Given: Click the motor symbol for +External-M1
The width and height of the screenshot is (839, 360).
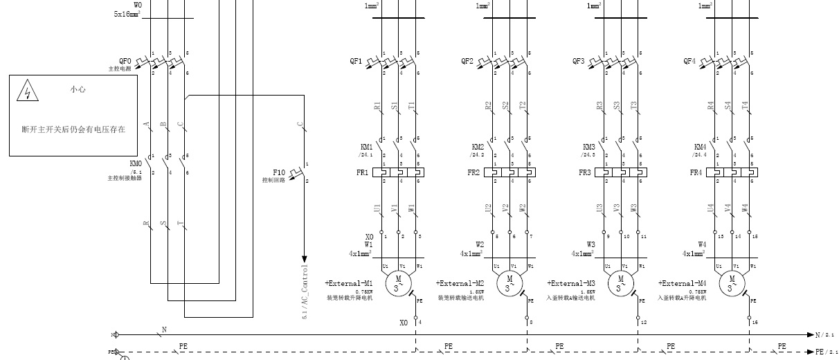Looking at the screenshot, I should point(398,282).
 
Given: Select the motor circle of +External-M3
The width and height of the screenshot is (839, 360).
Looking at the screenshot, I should point(620,282).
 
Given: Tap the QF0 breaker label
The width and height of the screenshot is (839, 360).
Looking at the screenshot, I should point(125,61).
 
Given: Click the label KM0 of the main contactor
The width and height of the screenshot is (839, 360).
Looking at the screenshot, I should point(136,164).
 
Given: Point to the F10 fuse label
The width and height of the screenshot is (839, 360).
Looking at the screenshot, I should point(279,172).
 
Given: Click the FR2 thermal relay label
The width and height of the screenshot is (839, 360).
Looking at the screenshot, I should point(473,172).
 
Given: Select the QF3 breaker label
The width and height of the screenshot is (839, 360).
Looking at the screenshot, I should point(578,61).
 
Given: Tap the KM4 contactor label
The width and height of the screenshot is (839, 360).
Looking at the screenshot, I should point(701,147).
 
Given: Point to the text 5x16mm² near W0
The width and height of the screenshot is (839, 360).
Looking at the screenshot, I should point(127,14).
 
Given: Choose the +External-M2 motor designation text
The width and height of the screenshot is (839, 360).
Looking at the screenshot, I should point(460,284).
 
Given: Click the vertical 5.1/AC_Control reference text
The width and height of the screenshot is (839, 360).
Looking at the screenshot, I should point(303,291).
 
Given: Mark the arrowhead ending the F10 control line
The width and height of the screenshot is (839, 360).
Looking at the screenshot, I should point(303,258).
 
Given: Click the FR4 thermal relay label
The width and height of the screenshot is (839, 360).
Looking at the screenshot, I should point(696,172).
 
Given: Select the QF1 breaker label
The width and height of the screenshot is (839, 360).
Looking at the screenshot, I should point(356,61).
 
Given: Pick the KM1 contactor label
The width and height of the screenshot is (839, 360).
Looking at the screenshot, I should point(367,147).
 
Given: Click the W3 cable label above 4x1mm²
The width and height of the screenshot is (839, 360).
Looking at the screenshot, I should point(590,244).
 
